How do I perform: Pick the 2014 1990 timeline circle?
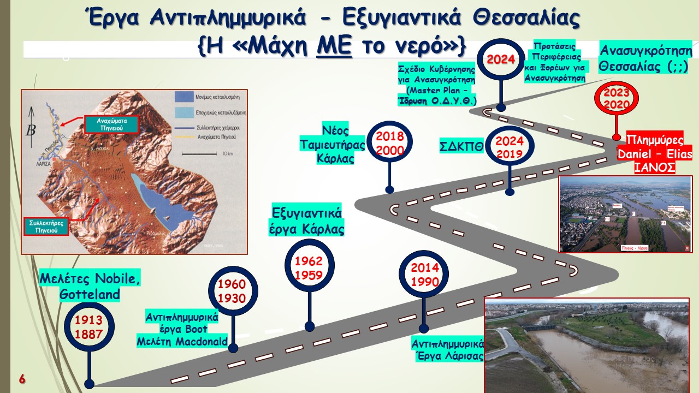(x=424, y=275)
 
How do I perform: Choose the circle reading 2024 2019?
(x=510, y=147)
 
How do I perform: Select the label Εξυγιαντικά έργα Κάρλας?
(x=308, y=220)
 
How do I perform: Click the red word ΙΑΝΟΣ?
(x=655, y=167)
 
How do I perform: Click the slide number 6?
(x=22, y=379)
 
